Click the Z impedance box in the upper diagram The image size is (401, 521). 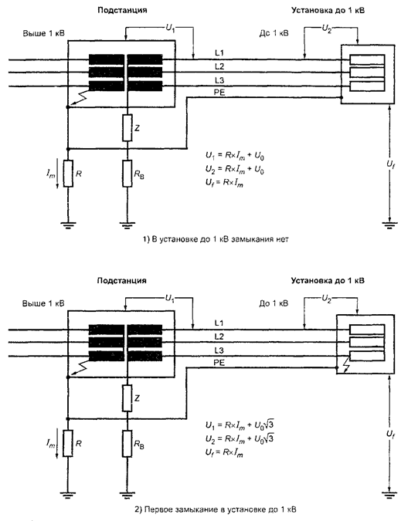point(127,127)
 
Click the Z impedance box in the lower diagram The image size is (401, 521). point(127,398)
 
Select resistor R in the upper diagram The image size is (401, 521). point(68,174)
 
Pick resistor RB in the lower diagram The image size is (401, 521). point(127,443)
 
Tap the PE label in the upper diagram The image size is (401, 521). point(219,93)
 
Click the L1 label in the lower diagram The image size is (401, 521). point(219,323)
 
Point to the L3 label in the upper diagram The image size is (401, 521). point(219,80)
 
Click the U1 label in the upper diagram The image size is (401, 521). point(170,29)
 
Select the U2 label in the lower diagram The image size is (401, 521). point(326,299)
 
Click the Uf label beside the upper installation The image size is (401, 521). point(390,164)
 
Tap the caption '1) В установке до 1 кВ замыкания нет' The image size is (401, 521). point(216,239)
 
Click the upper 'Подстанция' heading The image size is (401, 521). point(122,10)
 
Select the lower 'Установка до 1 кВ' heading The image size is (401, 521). point(328,281)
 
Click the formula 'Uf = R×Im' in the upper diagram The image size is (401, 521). point(224,183)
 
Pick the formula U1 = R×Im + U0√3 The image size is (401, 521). point(240,425)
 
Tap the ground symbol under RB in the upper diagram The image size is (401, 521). point(127,226)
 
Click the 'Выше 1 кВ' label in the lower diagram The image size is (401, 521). point(43,303)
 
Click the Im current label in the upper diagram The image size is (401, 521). point(50,174)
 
